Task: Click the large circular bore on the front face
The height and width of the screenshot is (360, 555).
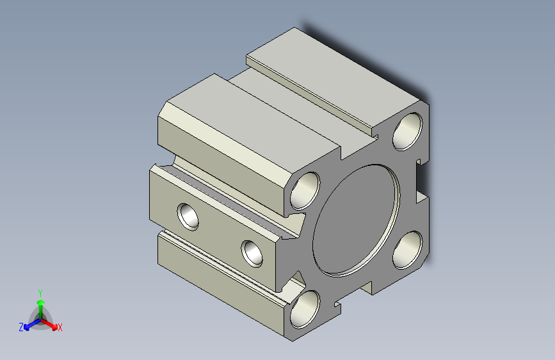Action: tap(356, 220)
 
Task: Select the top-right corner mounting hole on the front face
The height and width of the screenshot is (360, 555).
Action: tap(407, 131)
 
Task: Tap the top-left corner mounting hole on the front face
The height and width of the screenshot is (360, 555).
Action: tap(305, 191)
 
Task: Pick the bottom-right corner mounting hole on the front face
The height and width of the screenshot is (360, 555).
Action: tap(407, 250)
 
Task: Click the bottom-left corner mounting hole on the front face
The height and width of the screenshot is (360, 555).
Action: tap(305, 309)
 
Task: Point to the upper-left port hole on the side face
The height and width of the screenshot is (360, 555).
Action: tap(188, 217)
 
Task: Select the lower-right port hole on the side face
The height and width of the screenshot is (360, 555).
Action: tap(252, 254)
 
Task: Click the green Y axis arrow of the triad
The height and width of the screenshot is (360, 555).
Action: tap(41, 309)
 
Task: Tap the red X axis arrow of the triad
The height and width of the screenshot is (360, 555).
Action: tap(49, 324)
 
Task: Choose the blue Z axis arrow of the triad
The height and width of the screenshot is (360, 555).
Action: tap(32, 324)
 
